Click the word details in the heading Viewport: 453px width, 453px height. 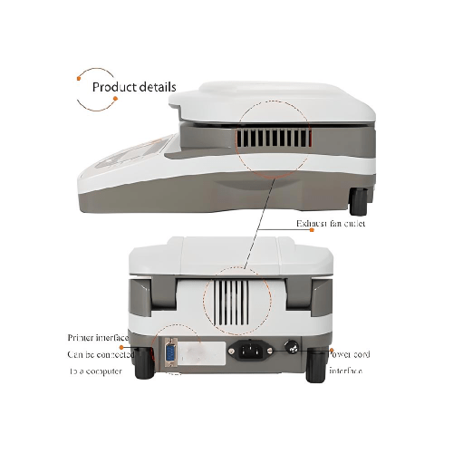tap(157, 88)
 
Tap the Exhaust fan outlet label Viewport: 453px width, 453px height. tap(331, 223)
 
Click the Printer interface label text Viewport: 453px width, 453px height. tap(99, 338)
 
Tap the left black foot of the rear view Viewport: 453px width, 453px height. tap(143, 364)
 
